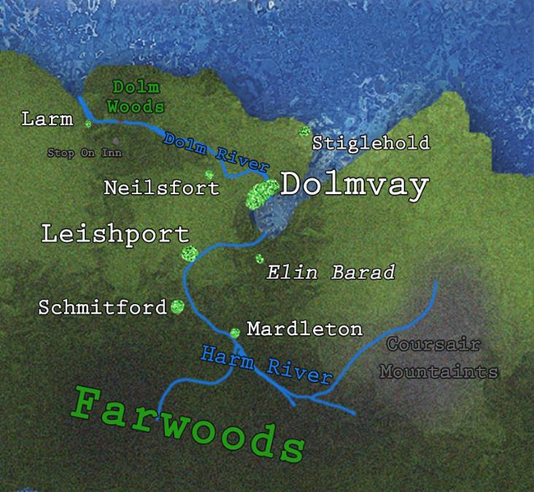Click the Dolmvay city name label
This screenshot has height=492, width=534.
354,186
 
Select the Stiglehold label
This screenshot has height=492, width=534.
371,143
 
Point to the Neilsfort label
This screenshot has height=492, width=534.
162,188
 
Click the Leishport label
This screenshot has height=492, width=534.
115,234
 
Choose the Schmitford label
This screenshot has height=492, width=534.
103,308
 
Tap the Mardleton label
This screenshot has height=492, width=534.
304,329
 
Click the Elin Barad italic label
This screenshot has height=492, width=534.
331,273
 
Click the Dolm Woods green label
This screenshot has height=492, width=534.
136,96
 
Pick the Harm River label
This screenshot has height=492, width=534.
266,366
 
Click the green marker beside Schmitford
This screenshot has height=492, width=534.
177,306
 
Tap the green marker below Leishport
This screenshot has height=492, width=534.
190,253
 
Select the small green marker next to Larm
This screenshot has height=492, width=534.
87,124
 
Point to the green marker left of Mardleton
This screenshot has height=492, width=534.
235,333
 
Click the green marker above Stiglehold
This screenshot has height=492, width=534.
304,131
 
